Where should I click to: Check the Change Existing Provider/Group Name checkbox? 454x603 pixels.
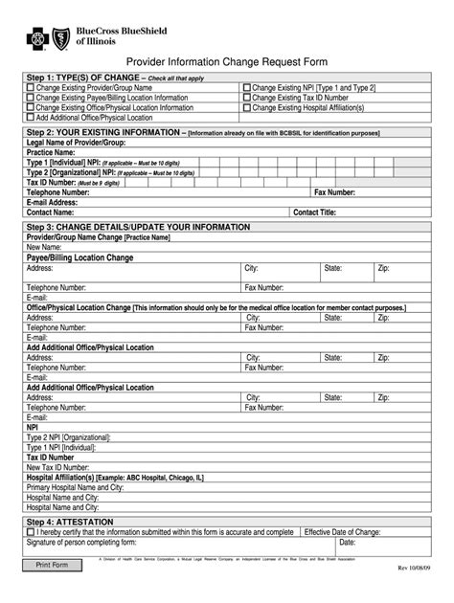31,87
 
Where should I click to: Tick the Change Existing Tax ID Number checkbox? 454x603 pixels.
247,98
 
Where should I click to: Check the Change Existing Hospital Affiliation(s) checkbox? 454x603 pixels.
247,107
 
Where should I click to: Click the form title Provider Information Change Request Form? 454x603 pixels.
226,59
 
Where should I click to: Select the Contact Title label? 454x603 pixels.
314,212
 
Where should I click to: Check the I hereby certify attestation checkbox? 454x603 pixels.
31,533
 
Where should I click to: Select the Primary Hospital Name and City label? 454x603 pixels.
77,487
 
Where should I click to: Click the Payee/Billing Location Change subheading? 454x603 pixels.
79,258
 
